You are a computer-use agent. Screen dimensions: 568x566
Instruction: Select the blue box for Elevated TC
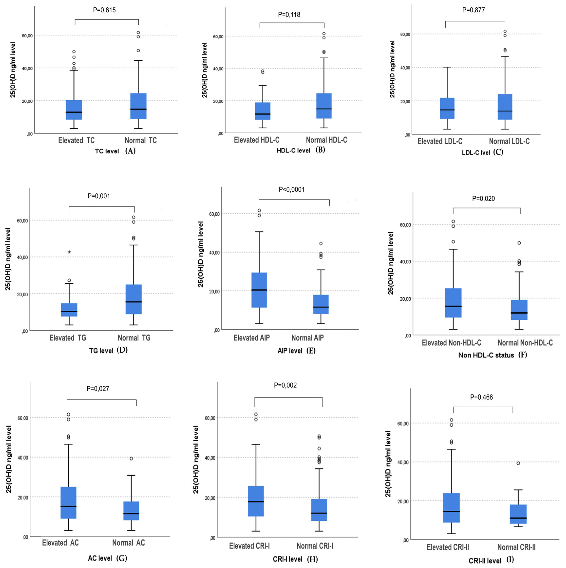click(x=74, y=110)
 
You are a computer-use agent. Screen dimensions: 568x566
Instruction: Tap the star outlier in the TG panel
click(x=69, y=252)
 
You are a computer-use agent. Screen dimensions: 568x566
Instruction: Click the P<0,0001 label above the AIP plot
click(x=291, y=190)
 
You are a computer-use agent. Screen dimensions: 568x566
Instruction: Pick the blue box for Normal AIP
click(x=321, y=304)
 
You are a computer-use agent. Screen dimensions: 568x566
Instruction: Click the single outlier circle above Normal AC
click(x=131, y=458)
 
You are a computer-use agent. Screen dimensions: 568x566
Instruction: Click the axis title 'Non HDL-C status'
click(x=486, y=355)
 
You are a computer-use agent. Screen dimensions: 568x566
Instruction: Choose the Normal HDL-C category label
click(x=326, y=140)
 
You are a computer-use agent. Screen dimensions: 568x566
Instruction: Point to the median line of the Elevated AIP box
click(x=259, y=290)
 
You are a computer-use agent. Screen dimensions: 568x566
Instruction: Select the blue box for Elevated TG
click(x=69, y=310)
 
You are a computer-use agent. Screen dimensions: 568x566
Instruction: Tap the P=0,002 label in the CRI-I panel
click(x=285, y=385)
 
